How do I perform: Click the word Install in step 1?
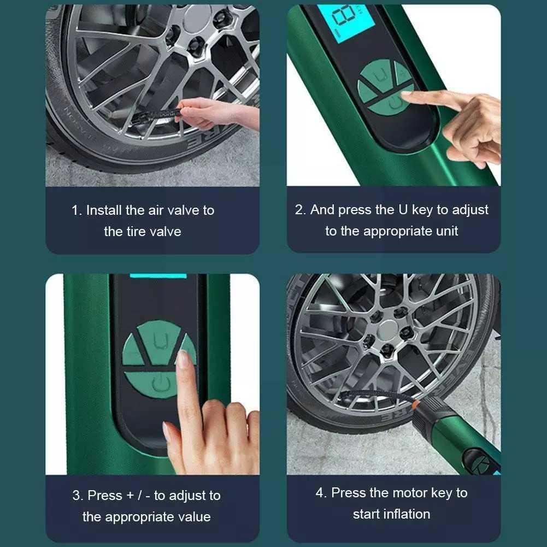point(104,210)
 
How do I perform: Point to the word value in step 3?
point(194,517)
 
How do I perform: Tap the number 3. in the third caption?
point(78,496)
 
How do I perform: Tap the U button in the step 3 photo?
point(159,343)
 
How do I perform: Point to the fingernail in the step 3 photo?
point(183,359)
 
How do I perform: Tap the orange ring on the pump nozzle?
point(416,405)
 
